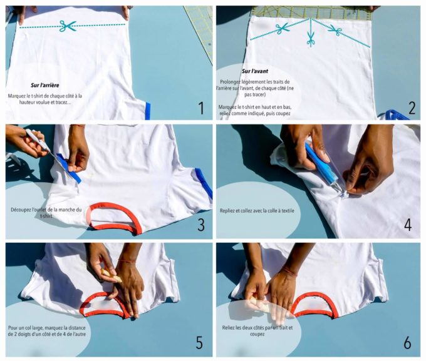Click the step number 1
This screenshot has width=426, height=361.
201,108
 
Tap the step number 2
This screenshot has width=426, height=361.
412,108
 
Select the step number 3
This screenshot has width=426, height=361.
201,225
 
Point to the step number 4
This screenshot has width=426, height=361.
408,225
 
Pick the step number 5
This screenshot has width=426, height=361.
199,342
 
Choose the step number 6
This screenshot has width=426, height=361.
407,342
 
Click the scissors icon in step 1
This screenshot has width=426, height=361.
68,26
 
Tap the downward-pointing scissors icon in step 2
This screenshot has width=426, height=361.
311,39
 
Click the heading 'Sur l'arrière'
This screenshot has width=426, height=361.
45,85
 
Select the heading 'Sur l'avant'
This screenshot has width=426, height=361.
255,71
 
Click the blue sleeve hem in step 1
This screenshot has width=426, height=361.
147,111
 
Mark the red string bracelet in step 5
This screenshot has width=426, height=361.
127,261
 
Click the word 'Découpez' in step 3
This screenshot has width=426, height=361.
21,210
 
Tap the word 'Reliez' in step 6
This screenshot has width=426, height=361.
228,328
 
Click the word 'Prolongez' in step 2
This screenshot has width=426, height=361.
231,82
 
